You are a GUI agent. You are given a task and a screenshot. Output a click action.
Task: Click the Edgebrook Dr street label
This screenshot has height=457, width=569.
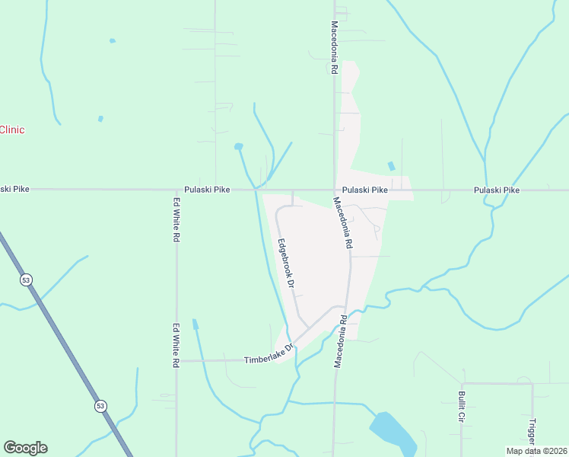coord(286,263)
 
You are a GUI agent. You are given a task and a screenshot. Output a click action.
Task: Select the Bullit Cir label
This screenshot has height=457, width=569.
coord(461,407)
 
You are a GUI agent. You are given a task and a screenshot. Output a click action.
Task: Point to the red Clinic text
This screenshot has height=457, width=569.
coord(12,129)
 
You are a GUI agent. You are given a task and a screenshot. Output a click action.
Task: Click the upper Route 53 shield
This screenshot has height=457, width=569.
coord(27,280)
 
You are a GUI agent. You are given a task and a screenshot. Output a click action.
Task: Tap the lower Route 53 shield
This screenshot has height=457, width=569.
coord(100,406)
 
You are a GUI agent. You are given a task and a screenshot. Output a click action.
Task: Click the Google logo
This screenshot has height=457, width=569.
coord(25,448)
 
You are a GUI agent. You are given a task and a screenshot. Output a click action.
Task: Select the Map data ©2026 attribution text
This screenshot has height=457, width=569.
coord(536,451)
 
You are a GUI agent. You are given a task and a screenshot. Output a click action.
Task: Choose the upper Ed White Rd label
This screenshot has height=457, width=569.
coord(176,220)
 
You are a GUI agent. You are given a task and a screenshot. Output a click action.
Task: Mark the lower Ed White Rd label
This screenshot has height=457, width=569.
coord(176,346)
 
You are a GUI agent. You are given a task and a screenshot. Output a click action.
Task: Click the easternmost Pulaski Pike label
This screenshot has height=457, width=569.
coord(496,190)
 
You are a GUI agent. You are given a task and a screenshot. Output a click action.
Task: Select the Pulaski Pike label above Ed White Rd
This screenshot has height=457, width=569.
coord(207,189)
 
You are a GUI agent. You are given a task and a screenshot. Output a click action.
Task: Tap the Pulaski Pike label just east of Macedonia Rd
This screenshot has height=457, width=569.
coord(365,189)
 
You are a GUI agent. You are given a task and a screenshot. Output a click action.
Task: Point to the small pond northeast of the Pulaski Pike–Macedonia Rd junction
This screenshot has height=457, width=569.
coord(391,166)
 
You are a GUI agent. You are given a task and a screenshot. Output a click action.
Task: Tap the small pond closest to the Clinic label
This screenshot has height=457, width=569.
coord(100,119)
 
